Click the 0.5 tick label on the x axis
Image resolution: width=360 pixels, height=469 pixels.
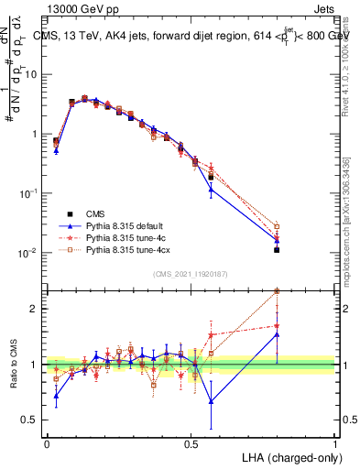(x=191, y=442)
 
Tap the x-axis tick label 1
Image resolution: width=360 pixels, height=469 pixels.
(x=334, y=442)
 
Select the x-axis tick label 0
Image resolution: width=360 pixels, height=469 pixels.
(x=47, y=442)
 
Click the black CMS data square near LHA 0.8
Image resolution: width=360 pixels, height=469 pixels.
(x=277, y=249)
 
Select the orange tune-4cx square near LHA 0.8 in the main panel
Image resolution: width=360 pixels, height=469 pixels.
(x=277, y=226)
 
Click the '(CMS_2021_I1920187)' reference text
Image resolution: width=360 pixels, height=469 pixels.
(x=191, y=274)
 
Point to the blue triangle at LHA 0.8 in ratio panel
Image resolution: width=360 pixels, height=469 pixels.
(x=277, y=335)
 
